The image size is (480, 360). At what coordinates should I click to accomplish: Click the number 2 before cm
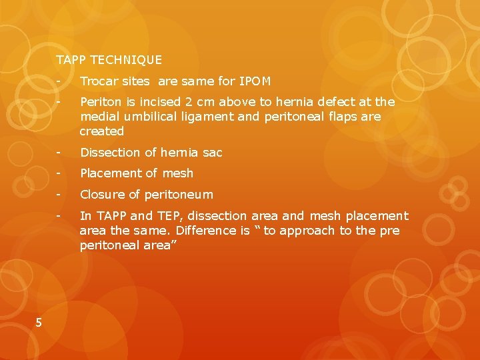189,102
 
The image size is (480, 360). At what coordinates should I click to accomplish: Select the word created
102,131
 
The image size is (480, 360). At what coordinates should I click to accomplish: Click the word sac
212,153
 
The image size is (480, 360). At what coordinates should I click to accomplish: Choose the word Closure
103,195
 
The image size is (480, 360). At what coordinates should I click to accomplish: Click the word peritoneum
179,195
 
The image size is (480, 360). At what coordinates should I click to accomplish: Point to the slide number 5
39,323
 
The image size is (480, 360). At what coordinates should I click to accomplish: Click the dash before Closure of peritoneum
59,195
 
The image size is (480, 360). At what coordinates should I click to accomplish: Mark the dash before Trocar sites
59,81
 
